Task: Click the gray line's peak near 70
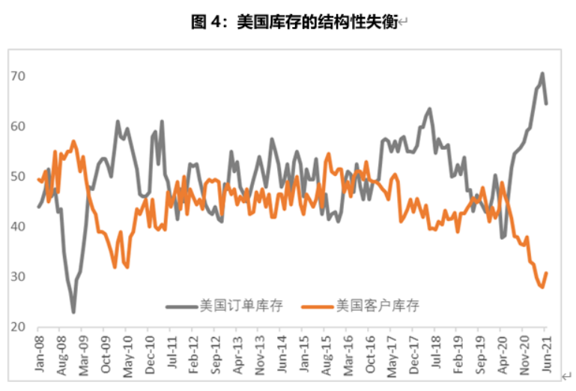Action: (x=542, y=73)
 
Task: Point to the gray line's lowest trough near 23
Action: (x=73, y=312)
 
